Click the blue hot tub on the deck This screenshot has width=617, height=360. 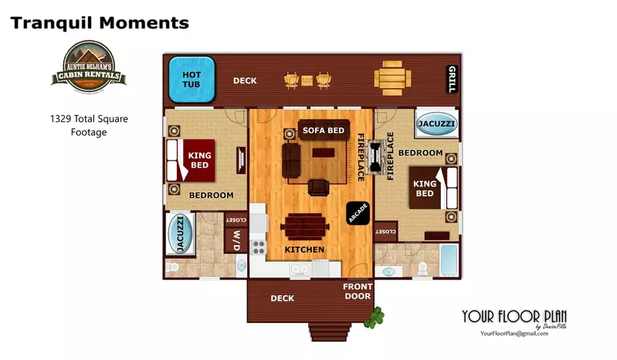click(x=192, y=80)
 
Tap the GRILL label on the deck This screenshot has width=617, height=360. click(x=452, y=79)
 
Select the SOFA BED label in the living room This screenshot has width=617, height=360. click(x=323, y=131)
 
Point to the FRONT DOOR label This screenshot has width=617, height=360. click(x=357, y=291)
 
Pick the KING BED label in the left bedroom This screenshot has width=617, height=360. click(x=199, y=160)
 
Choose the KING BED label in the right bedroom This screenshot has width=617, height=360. click(x=425, y=188)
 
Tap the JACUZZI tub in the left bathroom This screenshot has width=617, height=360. click(x=181, y=233)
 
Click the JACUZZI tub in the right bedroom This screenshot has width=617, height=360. click(x=436, y=124)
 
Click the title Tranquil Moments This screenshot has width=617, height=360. click(x=100, y=23)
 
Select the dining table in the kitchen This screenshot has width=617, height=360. click(x=305, y=227)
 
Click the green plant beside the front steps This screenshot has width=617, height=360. click(x=377, y=315)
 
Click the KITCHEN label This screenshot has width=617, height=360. click(x=304, y=250)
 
